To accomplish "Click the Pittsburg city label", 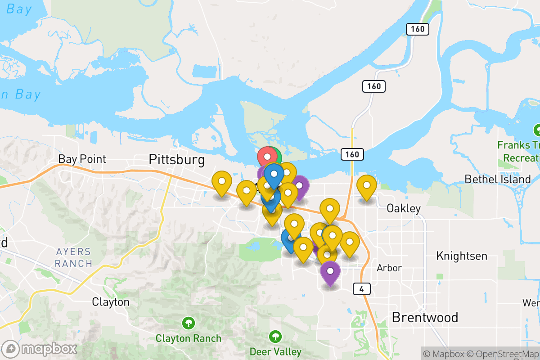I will coord(176,159).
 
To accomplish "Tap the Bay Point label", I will coord(82,159).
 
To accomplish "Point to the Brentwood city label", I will coord(425,317).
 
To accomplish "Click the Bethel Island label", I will coord(498,179).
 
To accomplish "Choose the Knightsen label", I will coord(462,256).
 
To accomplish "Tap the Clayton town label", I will coord(111,301).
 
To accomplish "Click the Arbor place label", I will coord(389,268).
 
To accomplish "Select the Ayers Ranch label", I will coord(73,257).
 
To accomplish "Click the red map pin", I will coord(267,157).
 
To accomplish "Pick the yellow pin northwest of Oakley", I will coord(367,185).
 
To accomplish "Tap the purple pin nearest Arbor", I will coord(330,271).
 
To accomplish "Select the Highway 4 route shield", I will coord(362,289).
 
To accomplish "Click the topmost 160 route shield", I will coord(417,29).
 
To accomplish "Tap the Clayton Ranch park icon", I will coord(189,323).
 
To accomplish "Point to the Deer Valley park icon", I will coord(275,336).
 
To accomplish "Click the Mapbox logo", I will coord(39,349).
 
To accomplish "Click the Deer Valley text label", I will coord(275,351).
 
